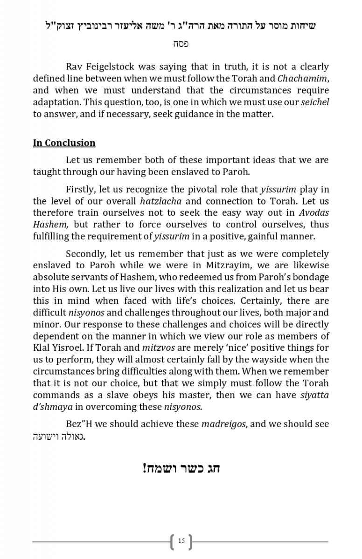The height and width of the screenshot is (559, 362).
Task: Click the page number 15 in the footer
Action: click(x=181, y=541)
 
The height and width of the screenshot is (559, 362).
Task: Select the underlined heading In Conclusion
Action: click(x=64, y=143)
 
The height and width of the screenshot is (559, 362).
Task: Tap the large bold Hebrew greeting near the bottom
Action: click(x=181, y=467)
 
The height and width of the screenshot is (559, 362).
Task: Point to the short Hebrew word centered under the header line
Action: click(x=181, y=44)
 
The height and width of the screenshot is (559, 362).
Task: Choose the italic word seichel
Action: click(x=315, y=102)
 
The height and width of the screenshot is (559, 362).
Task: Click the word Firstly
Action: click(x=82, y=189)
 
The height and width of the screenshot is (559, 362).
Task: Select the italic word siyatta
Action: click(x=314, y=395)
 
